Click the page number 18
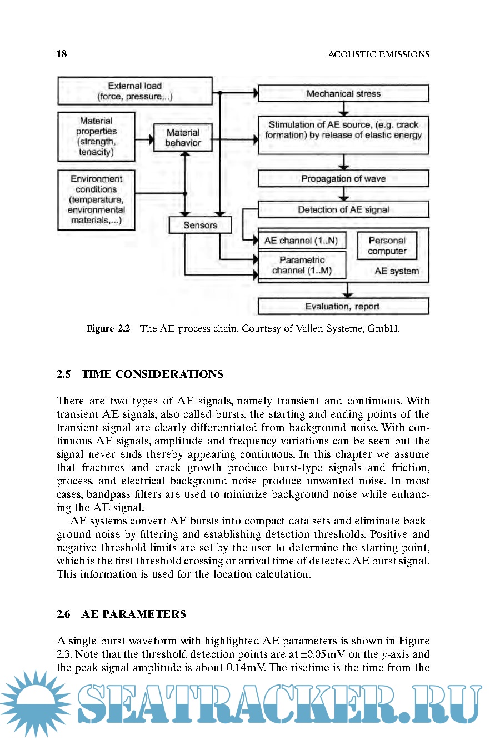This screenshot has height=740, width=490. (62, 54)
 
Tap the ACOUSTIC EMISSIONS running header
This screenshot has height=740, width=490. (379, 54)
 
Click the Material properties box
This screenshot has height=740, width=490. (96, 136)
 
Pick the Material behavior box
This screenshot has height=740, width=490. (183, 138)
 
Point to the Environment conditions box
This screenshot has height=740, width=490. (96, 200)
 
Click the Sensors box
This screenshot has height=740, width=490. (200, 225)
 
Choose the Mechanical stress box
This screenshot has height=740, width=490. (343, 93)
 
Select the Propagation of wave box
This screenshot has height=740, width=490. (343, 178)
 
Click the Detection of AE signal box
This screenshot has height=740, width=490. (343, 209)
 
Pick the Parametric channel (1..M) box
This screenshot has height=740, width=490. (302, 265)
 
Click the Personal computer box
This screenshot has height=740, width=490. (387, 246)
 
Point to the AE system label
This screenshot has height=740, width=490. (397, 271)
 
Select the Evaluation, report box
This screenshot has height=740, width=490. (343, 306)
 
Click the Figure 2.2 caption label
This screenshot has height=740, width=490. (108, 328)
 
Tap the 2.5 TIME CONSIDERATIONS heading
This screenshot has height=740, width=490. (140, 374)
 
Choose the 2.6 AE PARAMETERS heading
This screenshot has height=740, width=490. (121, 614)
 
